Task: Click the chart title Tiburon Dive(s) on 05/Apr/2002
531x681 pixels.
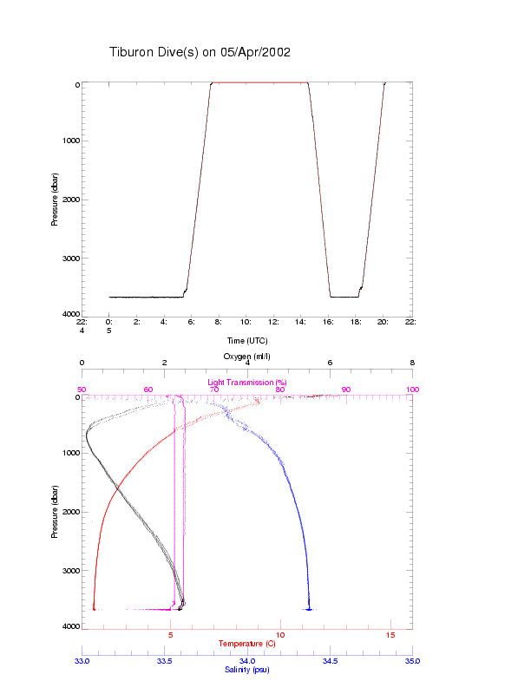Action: (x=200, y=52)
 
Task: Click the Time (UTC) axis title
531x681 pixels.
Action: (x=247, y=341)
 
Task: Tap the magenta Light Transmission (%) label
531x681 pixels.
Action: (x=247, y=383)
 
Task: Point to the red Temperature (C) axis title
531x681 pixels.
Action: (x=247, y=643)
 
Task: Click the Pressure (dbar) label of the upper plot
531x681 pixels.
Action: (x=55, y=199)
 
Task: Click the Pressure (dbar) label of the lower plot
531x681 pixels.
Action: (x=55, y=511)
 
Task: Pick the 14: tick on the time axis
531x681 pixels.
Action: (x=301, y=322)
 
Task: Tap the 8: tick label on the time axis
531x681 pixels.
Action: (x=220, y=322)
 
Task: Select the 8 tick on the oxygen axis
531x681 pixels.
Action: (x=412, y=363)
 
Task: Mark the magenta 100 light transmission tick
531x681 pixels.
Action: (x=412, y=390)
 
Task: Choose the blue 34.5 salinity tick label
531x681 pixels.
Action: (x=330, y=661)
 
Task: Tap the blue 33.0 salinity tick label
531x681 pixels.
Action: (x=82, y=661)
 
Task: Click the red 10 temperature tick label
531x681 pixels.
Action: (x=280, y=636)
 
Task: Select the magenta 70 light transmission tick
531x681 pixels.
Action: (x=214, y=390)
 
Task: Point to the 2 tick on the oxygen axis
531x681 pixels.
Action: (x=165, y=363)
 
